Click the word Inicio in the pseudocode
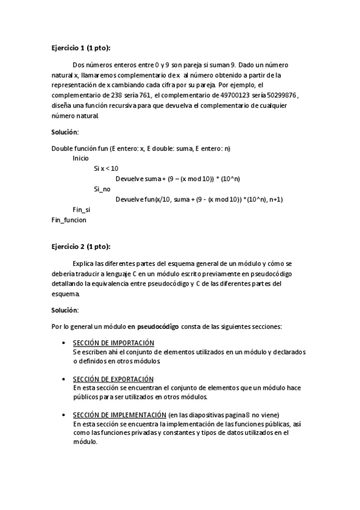[81, 158]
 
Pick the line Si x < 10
[106, 168]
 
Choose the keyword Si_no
[102, 189]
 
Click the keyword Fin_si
[81, 209]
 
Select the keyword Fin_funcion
[69, 220]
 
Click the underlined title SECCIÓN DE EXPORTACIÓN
[113, 379]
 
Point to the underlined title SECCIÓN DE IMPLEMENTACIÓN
[119, 415]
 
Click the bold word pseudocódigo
[158, 326]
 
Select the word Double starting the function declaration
[63, 148]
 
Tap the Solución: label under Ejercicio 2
[65, 310]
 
